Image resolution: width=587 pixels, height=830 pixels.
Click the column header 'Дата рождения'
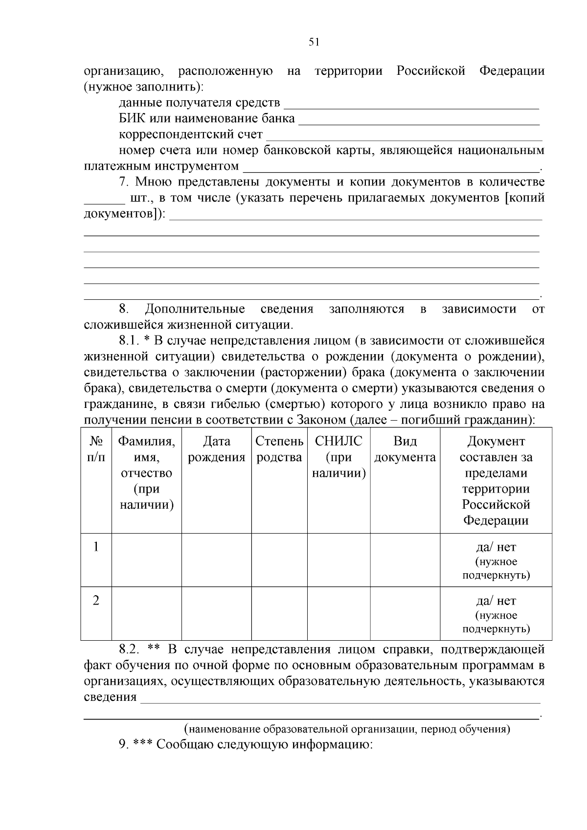[216, 449]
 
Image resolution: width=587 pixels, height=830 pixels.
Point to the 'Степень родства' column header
[279, 449]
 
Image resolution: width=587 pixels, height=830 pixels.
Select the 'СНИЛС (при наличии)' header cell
[339, 457]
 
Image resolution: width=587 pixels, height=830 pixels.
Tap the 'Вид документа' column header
[405, 449]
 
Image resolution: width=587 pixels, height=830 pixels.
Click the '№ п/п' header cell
[96, 449]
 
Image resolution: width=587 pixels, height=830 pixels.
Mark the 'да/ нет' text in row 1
[496, 547]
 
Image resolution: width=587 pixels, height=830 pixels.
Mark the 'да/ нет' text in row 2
[496, 601]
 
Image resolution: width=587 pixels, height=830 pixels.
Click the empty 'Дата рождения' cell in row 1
[216, 560]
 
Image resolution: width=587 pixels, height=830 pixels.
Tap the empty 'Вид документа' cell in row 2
[405, 613]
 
